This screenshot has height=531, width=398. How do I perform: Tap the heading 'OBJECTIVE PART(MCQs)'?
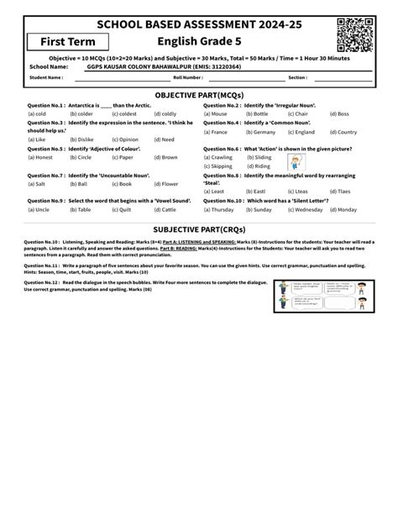pos(199,97)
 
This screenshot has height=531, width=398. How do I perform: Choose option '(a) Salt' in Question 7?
pos(36,183)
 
